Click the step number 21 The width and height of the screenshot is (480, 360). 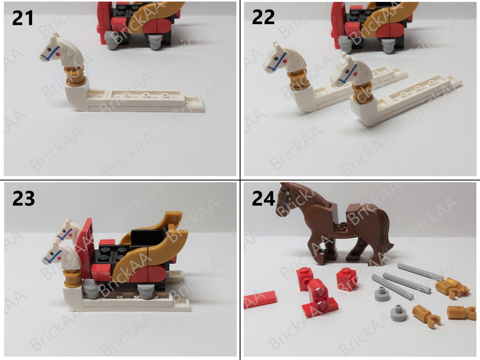point(23,19)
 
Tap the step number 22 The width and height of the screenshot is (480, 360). point(263,17)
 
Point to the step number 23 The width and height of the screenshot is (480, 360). point(23,199)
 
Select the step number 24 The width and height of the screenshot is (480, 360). point(263,199)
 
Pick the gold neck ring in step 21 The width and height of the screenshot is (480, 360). point(74,76)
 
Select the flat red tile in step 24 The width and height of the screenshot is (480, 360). point(260,299)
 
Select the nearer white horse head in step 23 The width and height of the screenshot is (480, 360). point(60,254)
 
